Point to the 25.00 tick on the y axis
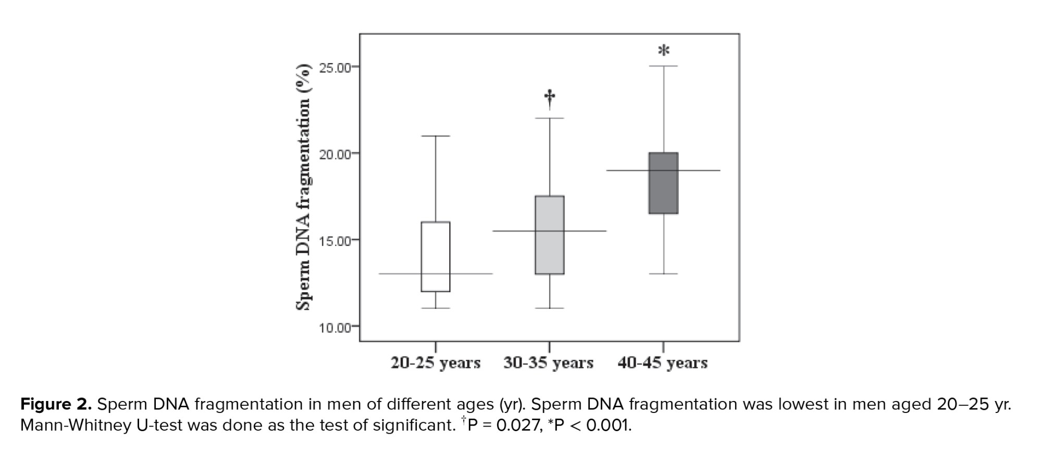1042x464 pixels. (336, 68)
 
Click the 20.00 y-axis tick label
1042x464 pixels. (336, 154)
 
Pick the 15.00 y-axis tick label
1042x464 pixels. (336, 241)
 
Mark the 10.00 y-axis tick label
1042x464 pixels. (336, 328)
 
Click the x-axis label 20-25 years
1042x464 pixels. (436, 362)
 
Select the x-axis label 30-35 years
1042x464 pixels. (549, 362)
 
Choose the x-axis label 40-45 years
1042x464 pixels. (663, 362)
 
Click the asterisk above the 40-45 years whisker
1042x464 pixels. (664, 51)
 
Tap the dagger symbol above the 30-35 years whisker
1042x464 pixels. (550, 97)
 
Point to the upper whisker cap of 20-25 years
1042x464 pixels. (436, 136)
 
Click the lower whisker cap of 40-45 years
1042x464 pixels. (663, 273)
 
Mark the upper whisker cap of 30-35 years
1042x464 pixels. (550, 118)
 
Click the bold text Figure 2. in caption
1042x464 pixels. (56, 405)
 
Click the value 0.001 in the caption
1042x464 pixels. (608, 425)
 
